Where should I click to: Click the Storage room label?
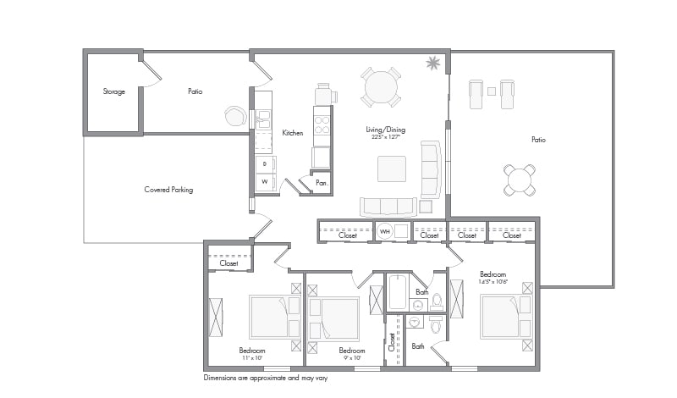pos(114,91)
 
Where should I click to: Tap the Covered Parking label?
pos(168,190)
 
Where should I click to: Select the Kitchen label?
pos(293,133)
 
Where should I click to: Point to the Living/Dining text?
pos(385,130)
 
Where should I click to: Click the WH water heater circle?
pos(385,231)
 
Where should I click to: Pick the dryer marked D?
pos(265,163)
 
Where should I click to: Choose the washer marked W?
pos(265,181)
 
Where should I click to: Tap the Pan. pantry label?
pos(322,183)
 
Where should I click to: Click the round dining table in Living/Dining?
pos(381,87)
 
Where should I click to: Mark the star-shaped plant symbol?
pos(433,63)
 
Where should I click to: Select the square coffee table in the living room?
pos(392,169)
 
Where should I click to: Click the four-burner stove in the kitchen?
pos(322,125)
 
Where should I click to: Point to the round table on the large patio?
pos(520,179)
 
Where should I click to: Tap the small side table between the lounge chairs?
pos(491,90)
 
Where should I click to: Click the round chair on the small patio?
pos(234,115)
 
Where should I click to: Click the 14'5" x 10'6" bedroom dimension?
pos(493,283)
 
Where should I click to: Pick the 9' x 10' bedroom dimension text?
pos(352,358)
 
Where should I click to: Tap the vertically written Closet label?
pos(392,341)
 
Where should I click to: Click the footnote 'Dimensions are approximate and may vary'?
pos(265,378)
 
